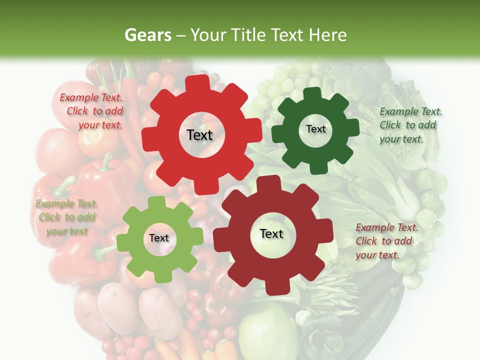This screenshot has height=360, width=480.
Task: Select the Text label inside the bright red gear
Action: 199,135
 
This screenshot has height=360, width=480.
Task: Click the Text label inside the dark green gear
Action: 315,129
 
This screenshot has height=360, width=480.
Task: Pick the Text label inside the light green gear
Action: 159,238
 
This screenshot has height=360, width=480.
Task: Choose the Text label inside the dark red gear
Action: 271,234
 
